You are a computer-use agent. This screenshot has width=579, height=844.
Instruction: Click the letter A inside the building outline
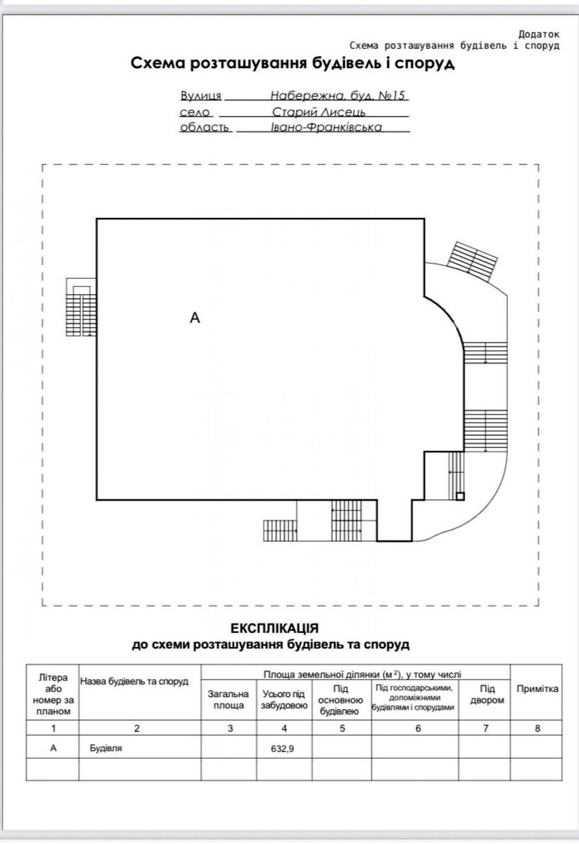(194, 318)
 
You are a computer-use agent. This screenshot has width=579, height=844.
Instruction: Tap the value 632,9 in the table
(282, 748)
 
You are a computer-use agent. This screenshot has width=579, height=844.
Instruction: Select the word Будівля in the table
(106, 748)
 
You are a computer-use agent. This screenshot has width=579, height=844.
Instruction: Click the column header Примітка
(537, 689)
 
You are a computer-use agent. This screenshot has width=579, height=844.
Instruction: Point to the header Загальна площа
(229, 699)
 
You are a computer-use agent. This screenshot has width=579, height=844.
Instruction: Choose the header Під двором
(487, 694)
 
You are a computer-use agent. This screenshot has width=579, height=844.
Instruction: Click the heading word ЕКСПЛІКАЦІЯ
(274, 629)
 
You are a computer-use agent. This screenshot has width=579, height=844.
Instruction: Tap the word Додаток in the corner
(539, 34)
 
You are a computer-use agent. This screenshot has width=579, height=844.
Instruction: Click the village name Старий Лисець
(319, 112)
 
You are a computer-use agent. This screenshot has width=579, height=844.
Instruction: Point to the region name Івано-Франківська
(326, 127)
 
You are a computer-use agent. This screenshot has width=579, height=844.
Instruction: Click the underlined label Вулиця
(201, 96)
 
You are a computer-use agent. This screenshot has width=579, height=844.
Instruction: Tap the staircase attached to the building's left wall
(81, 307)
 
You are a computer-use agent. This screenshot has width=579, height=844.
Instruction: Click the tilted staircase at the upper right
(472, 261)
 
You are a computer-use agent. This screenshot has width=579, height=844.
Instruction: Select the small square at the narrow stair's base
(460, 497)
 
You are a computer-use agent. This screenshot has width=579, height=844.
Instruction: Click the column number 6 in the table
(418, 729)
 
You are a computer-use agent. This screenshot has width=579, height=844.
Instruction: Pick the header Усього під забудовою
(284, 699)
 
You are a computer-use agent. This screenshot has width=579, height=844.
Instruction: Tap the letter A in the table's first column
(53, 748)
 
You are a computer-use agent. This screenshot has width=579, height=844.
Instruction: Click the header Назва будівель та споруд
(134, 682)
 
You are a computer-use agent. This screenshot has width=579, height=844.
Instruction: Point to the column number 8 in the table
(537, 729)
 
